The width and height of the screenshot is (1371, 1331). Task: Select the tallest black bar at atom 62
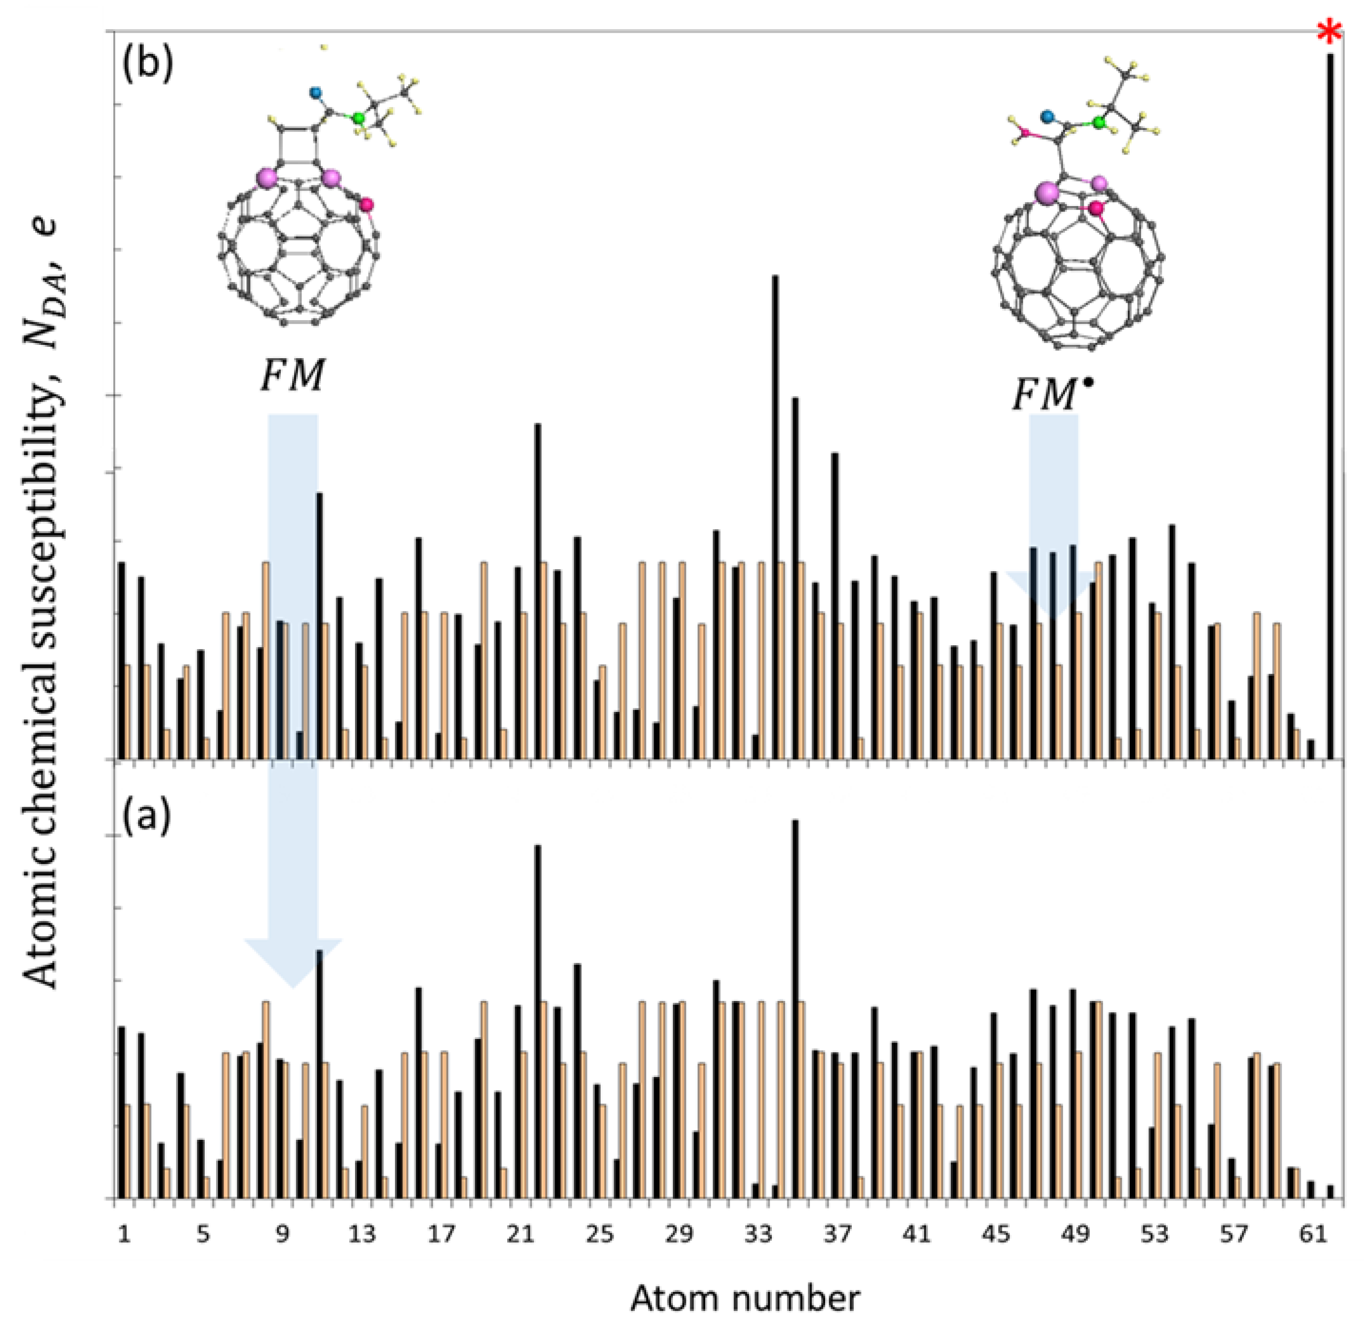1330,406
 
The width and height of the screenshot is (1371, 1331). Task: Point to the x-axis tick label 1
124,1235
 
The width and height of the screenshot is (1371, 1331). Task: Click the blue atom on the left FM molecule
315,91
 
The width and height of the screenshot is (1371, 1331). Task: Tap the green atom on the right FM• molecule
1099,123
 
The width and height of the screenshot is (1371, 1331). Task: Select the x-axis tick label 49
1075,1235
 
